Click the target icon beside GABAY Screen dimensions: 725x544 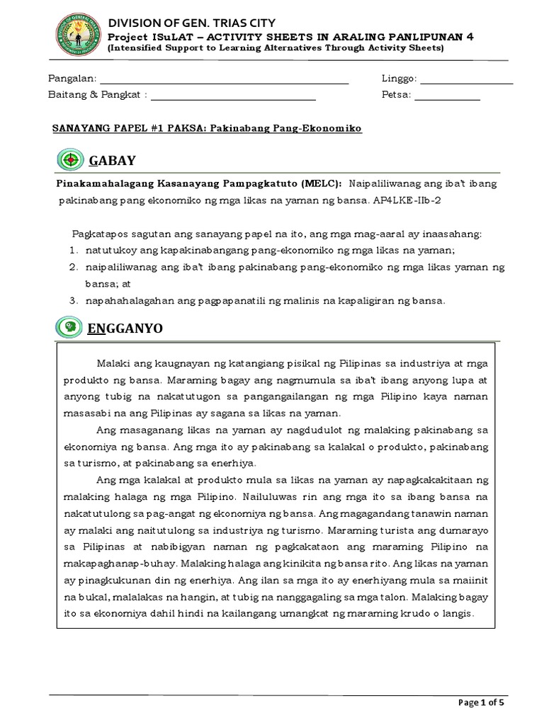click(x=70, y=159)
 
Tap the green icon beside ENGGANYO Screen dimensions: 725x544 click(x=69, y=327)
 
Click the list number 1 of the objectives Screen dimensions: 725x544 click(x=72, y=250)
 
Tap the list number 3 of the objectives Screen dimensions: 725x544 click(x=72, y=300)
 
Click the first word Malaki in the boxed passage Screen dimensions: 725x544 click(x=112, y=362)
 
